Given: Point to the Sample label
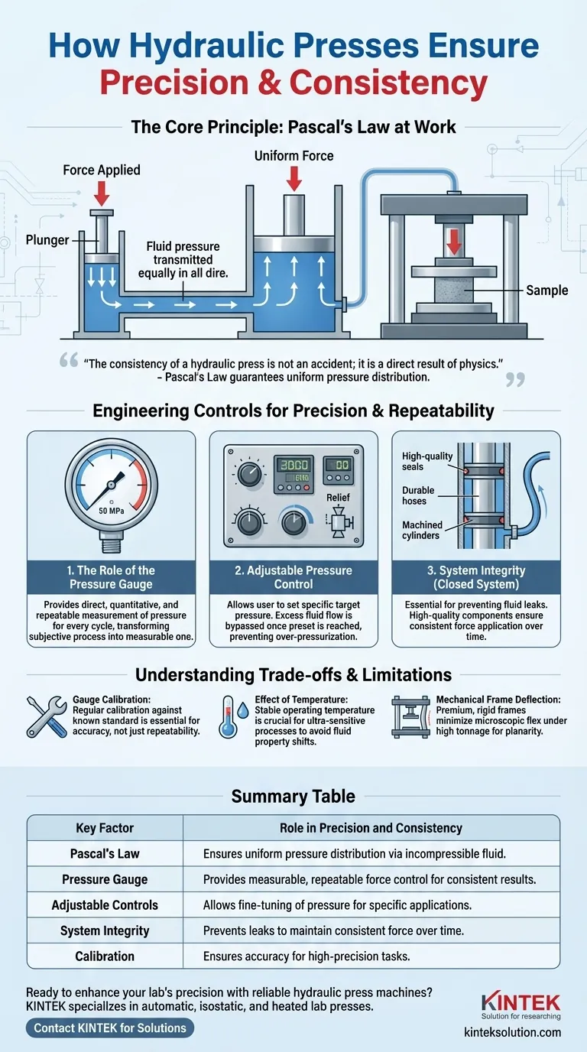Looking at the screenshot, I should pos(547,291).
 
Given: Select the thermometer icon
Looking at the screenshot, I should pos(227,716).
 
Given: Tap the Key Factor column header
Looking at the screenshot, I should pos(105,828).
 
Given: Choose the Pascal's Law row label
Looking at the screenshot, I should pos(105,853).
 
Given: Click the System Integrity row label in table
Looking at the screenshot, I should pos(105,930).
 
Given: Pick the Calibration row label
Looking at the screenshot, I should pos(105,956).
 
